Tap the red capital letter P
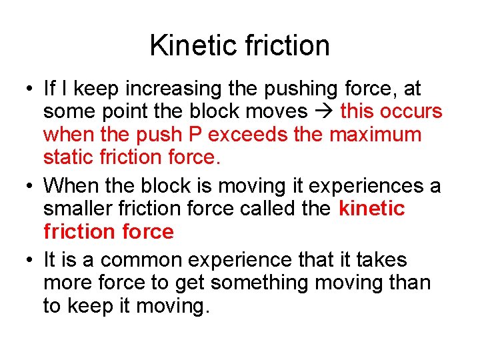click(196, 134)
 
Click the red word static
click(69, 157)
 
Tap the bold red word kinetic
click(371, 208)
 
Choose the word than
click(407, 283)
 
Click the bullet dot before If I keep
click(25, 89)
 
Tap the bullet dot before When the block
click(25, 185)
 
